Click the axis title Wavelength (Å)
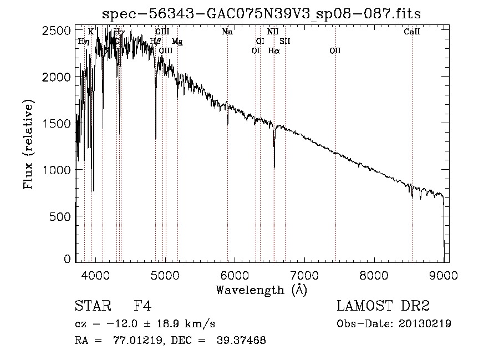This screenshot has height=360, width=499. [x=261, y=290]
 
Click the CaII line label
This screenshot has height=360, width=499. [x=412, y=32]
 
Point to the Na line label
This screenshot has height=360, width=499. [x=227, y=32]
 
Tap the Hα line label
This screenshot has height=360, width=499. [x=274, y=50]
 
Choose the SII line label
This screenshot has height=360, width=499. [x=285, y=41]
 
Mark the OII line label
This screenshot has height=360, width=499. [x=335, y=50]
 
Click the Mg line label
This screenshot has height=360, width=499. [x=177, y=41]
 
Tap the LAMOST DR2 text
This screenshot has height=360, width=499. [x=383, y=306]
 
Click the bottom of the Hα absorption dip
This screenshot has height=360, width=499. [x=274, y=166]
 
